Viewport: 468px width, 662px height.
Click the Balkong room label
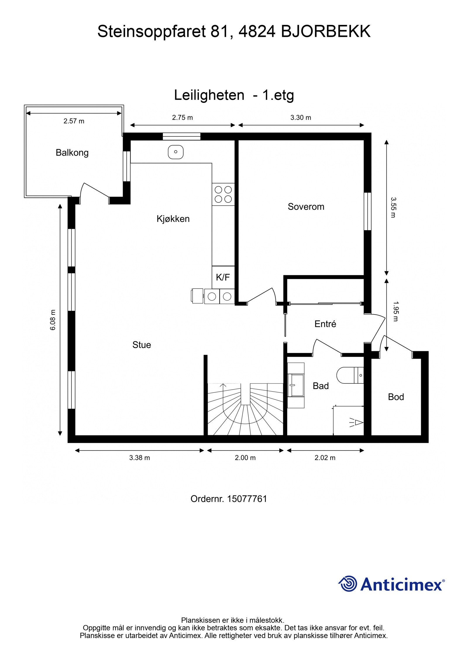point(72,152)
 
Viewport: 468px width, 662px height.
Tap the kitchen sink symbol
point(175,152)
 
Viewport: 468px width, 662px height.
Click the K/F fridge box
point(223,277)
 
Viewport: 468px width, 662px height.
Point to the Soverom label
point(306,207)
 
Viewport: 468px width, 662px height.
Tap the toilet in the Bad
point(350,375)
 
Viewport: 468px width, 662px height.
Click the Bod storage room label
point(396,397)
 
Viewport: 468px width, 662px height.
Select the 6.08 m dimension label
point(53,320)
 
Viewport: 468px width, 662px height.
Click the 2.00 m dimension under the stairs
point(245,458)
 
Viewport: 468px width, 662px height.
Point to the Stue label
point(142,345)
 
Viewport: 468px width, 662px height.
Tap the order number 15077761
point(247,498)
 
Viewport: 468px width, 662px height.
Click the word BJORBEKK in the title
point(326,32)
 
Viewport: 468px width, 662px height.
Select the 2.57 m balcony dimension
point(74,121)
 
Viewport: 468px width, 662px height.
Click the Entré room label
point(325,324)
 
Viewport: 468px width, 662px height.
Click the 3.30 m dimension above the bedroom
point(301,118)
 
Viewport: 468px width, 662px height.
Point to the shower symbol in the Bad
point(355,422)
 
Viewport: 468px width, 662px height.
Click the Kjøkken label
point(173,219)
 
